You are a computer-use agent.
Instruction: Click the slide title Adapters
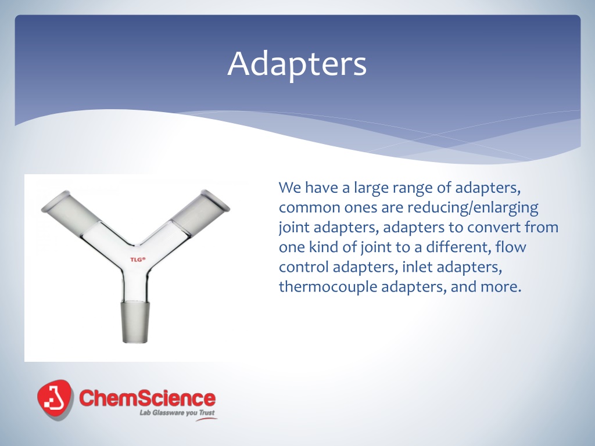297,63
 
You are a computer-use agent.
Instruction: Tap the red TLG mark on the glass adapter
138,260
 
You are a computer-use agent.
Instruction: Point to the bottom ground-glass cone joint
135,322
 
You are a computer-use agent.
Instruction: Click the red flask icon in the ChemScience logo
55,400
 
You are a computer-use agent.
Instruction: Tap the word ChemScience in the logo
147,398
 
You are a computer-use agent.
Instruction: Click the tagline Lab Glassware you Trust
177,412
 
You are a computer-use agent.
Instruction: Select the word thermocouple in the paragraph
328,287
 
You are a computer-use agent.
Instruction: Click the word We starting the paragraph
289,188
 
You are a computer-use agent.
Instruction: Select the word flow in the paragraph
511,247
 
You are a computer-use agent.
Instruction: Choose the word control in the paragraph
303,267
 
